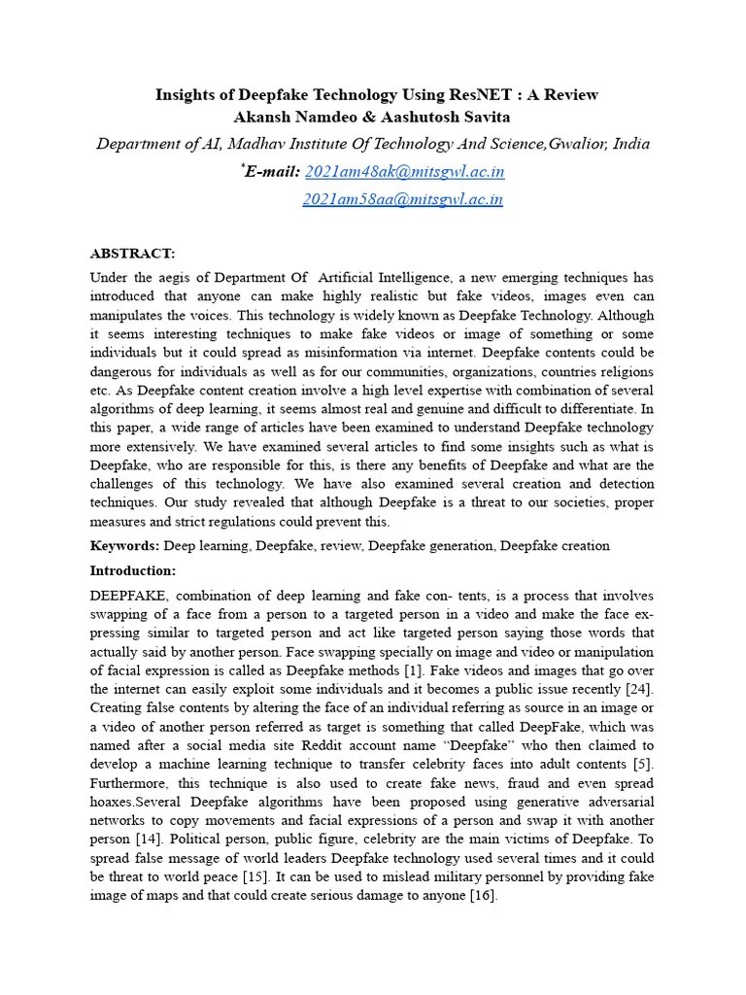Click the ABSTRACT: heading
click(x=132, y=254)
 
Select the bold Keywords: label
click(x=125, y=546)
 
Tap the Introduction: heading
click(x=133, y=570)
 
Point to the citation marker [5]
click(x=641, y=764)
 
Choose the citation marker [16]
click(x=482, y=896)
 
